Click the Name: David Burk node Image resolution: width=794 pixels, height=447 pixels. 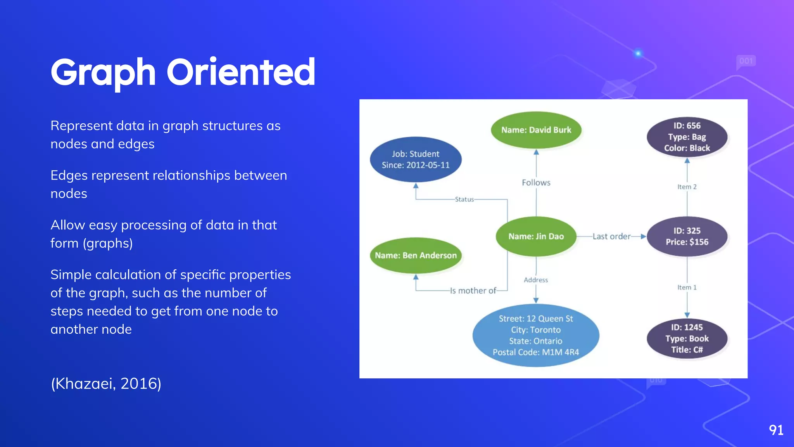click(536, 130)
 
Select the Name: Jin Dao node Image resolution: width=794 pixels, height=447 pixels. click(536, 236)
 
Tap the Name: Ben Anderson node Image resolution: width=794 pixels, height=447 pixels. click(416, 255)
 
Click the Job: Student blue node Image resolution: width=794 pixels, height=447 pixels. click(416, 159)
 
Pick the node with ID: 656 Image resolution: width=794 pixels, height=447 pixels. click(687, 137)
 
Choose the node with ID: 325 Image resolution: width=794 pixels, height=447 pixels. click(687, 236)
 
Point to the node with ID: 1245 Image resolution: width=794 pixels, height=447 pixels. click(687, 338)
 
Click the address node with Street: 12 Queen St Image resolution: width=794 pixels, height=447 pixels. click(536, 335)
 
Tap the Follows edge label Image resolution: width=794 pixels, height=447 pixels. click(536, 183)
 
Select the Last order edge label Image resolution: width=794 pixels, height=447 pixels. click(611, 236)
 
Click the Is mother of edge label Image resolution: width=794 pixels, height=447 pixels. click(473, 291)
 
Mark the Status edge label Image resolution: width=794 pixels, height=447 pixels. click(464, 199)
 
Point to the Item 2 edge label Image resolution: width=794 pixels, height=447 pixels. click(687, 187)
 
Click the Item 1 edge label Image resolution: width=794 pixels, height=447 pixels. click(687, 288)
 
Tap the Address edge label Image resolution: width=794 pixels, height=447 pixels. click(536, 280)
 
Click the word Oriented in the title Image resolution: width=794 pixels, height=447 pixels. click(241, 72)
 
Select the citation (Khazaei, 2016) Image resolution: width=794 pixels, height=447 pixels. click(106, 384)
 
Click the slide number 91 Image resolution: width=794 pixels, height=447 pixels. click(776, 430)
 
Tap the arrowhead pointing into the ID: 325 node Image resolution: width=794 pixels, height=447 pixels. click(643, 236)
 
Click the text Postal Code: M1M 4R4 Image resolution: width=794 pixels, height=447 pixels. click(536, 352)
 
